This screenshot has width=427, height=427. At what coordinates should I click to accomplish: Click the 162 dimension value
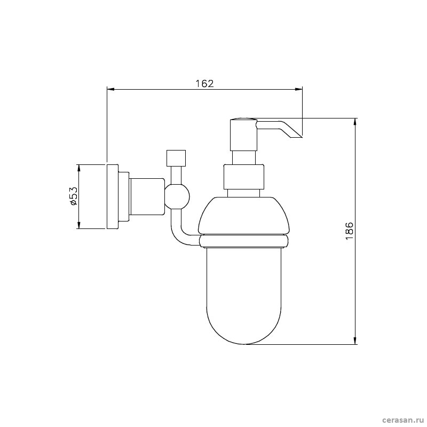(205, 83)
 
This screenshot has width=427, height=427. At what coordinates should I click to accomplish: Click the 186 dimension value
(349, 231)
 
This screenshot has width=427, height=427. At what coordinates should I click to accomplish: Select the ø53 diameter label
(73, 196)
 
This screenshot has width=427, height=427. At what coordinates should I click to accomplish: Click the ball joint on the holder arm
(177, 196)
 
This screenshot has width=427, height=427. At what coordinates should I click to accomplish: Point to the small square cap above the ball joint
(176, 158)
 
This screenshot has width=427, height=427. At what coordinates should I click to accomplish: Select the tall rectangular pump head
(243, 135)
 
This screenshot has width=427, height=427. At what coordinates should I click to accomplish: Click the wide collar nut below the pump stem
(244, 177)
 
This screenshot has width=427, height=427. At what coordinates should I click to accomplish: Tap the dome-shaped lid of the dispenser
(244, 216)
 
